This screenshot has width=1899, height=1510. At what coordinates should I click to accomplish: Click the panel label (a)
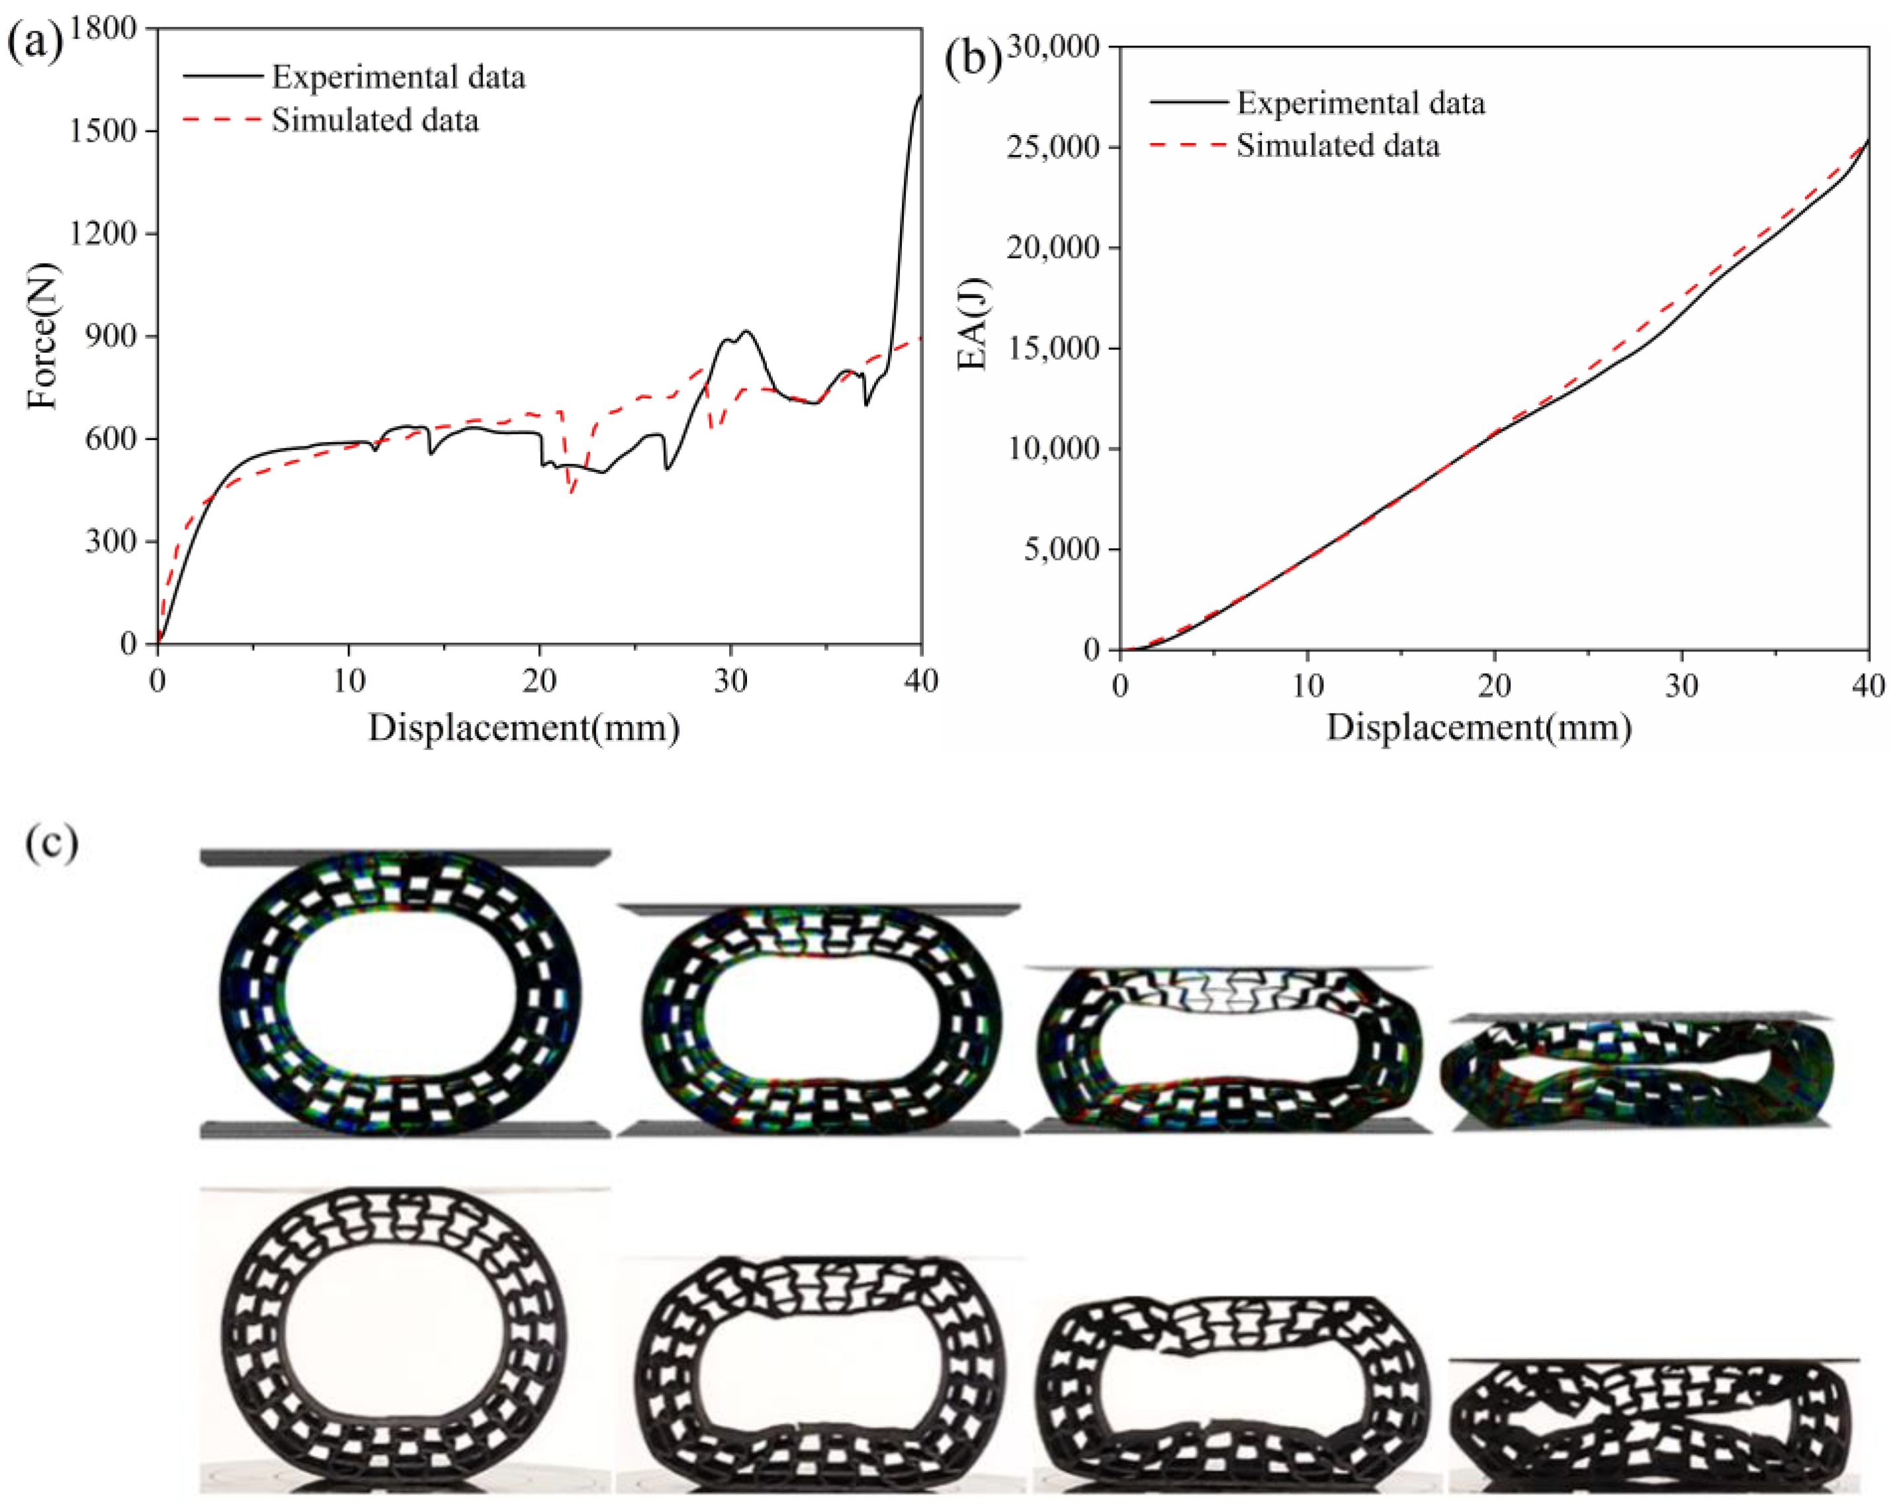point(34,42)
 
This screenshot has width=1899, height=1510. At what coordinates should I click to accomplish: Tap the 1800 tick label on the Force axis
point(103,28)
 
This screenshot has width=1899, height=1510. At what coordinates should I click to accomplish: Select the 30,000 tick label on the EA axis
point(1053,46)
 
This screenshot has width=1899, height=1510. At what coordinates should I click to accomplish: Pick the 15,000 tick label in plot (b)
point(1053,348)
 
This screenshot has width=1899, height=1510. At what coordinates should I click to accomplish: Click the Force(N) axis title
point(42,336)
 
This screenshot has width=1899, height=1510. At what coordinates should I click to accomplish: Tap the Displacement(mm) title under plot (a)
point(523,728)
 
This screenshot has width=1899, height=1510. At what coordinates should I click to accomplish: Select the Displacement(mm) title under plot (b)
point(1479,728)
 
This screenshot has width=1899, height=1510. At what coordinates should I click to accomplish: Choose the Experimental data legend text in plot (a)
point(398,77)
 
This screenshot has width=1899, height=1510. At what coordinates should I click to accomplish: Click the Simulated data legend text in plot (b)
point(1337,146)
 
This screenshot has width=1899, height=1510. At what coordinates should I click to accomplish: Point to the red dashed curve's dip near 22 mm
point(572,490)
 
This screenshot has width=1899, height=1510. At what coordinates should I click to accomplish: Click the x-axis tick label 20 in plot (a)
point(539,680)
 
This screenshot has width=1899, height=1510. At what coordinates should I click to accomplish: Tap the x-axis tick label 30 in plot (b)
point(1681,685)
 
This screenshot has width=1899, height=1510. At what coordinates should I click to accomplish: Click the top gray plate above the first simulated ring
point(405,857)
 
